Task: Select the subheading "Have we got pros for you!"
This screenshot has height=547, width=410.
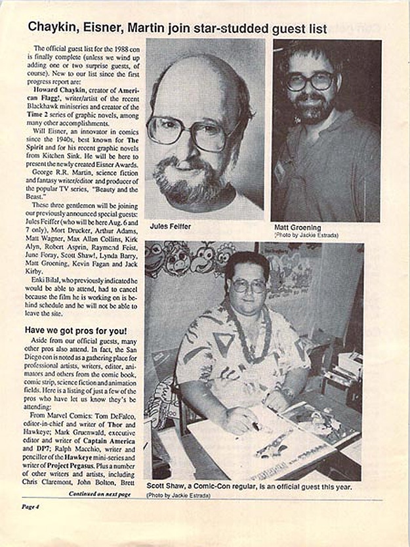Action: click(x=76, y=329)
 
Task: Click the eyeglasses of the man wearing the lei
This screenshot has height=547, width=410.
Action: click(x=248, y=285)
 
